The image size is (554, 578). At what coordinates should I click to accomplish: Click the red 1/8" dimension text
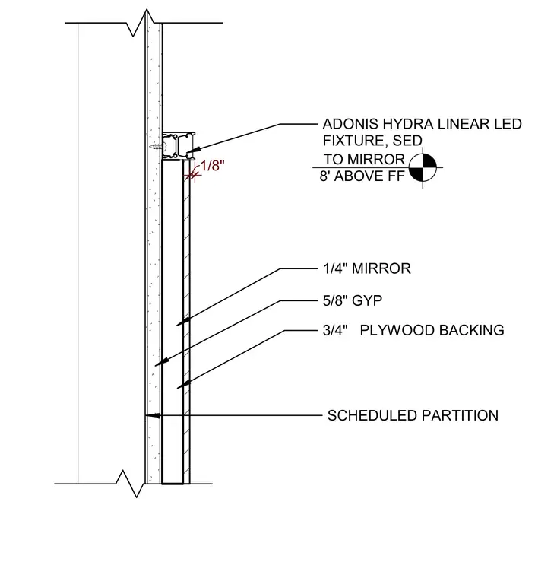[x=213, y=166]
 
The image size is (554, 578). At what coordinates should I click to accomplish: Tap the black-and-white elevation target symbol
[x=423, y=168]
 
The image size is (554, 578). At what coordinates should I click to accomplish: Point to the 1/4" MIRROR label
[x=367, y=268]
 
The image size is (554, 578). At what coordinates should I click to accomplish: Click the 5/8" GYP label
[x=353, y=300]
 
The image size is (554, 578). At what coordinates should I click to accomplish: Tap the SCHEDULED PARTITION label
[x=413, y=415]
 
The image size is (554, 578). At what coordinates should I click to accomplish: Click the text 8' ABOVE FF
[x=362, y=176]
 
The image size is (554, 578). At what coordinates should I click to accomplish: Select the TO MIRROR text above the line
[x=364, y=159]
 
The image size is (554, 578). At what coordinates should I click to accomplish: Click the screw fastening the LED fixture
[x=157, y=147]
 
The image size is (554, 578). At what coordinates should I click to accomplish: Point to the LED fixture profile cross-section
[x=179, y=146]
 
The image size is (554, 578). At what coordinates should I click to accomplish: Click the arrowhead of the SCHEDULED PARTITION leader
[x=153, y=415]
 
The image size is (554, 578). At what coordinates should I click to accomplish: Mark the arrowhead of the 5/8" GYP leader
[x=162, y=361]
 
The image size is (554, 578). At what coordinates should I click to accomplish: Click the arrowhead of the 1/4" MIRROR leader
[x=183, y=322]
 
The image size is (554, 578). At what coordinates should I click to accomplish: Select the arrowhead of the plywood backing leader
[x=184, y=385]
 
